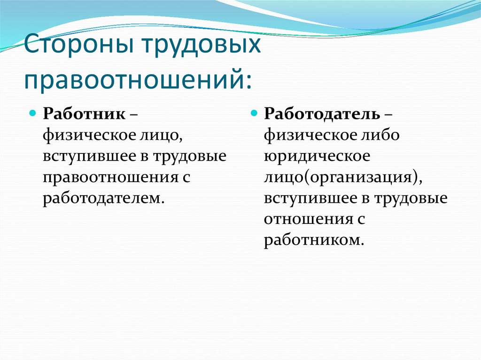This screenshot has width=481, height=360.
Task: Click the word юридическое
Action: click(x=317, y=156)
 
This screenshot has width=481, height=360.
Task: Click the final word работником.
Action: click(x=314, y=239)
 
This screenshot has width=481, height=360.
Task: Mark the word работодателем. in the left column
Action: click(x=104, y=198)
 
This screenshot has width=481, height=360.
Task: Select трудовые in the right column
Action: click(x=411, y=198)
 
